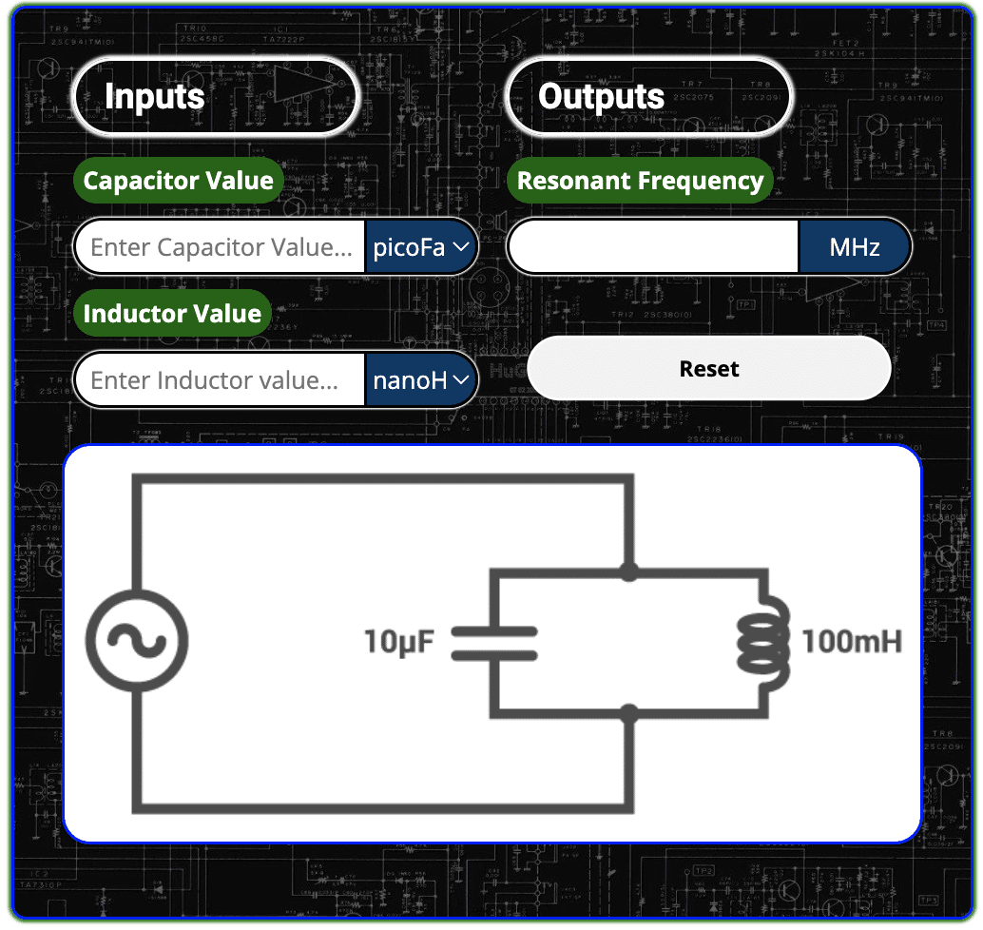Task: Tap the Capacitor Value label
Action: pos(178,181)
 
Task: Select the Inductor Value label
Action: pos(172,314)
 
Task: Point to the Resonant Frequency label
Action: pos(640,181)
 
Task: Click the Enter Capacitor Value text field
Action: pos(221,247)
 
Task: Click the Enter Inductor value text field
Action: pos(221,380)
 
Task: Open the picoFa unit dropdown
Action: pos(421,247)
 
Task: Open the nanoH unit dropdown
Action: pos(421,380)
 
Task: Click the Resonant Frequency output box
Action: pos(654,248)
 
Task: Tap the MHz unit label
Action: pos(855,248)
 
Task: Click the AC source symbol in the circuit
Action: pos(137,642)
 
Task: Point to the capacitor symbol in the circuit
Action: pos(494,643)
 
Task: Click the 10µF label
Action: pos(399,643)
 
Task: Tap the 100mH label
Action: pos(852,643)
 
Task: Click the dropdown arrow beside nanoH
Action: pos(461,380)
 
